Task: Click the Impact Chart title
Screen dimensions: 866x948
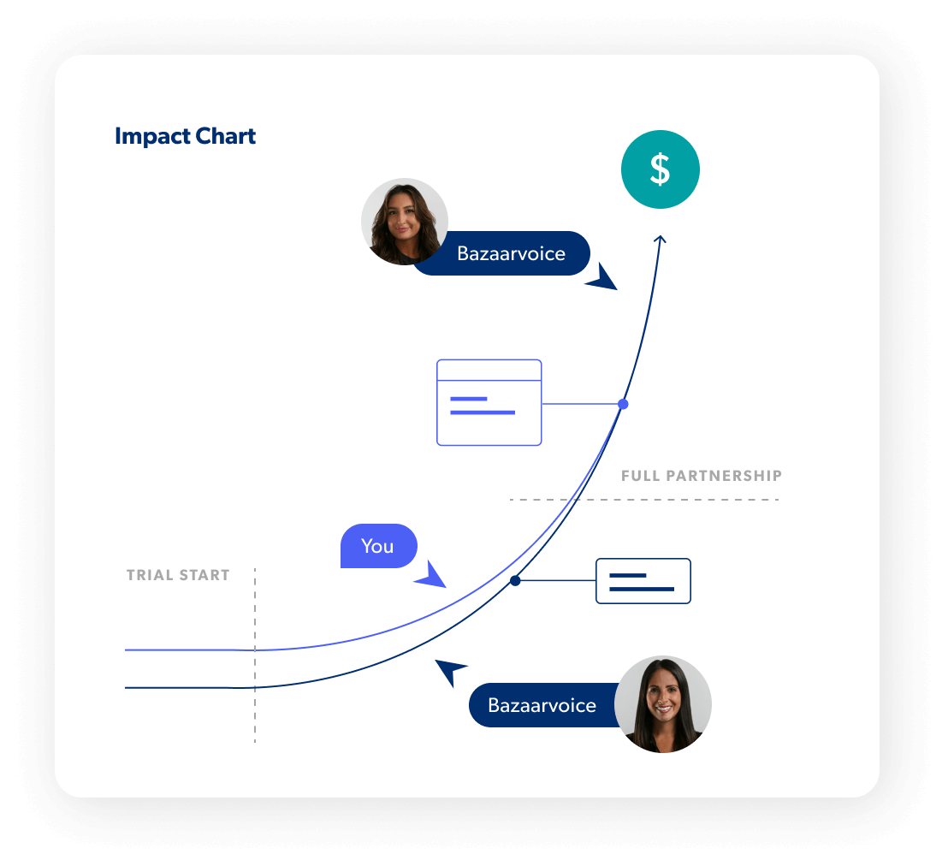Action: click(185, 137)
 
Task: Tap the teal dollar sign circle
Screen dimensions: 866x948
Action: click(660, 169)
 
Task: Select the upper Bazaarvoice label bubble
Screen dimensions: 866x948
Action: click(511, 254)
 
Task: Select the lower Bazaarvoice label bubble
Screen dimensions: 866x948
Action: click(542, 705)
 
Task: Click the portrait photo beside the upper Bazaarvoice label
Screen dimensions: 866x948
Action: click(405, 222)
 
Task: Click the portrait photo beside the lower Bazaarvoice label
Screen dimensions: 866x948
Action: click(663, 704)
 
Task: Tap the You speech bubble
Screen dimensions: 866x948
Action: click(377, 546)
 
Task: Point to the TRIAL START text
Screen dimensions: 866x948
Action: click(178, 575)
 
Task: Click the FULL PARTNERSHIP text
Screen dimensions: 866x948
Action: click(702, 476)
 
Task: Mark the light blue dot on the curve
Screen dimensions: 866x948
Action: click(623, 403)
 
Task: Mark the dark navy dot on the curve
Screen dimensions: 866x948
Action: click(515, 581)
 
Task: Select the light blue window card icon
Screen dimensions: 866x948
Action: click(489, 402)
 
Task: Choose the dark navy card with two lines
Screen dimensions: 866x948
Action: click(643, 581)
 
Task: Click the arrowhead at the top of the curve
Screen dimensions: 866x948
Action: click(660, 240)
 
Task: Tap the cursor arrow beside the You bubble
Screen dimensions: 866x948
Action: click(432, 576)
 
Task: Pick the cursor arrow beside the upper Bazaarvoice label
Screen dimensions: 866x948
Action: click(604, 279)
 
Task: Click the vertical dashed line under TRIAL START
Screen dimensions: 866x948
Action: click(255, 685)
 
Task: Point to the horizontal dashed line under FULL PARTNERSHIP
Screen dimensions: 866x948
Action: click(643, 500)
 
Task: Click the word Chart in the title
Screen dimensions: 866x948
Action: click(223, 137)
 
